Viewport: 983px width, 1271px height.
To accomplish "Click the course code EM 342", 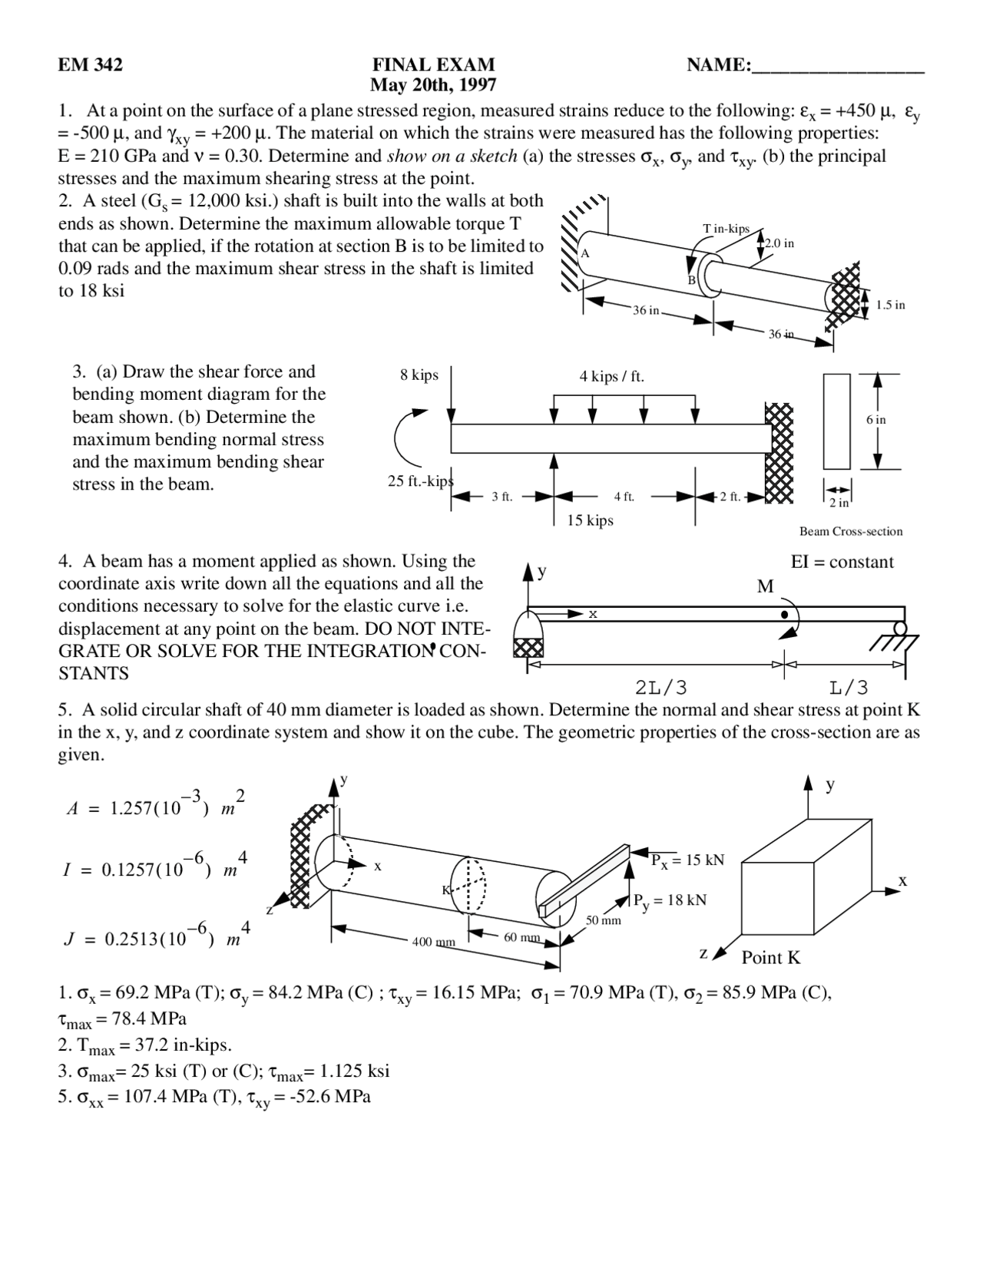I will pyautogui.click(x=90, y=64).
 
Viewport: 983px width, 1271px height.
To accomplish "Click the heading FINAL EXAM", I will pyautogui.click(x=433, y=64).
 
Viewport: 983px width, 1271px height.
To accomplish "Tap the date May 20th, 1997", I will pyautogui.click(x=433, y=84).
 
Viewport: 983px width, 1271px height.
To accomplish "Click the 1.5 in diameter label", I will pyautogui.click(x=890, y=305).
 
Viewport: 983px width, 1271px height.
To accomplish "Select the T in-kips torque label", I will pyautogui.click(x=726, y=229).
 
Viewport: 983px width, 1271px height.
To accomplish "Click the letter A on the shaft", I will pyautogui.click(x=584, y=253).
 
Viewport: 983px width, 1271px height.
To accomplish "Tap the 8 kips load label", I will pyautogui.click(x=419, y=375).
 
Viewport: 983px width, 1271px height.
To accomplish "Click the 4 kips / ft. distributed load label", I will pyautogui.click(x=611, y=376).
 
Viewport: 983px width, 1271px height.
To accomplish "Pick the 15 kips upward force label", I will pyautogui.click(x=590, y=520).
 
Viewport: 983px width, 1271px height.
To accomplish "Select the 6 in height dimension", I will pyautogui.click(x=875, y=420).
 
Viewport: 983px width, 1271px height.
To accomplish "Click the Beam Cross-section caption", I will pyautogui.click(x=851, y=531).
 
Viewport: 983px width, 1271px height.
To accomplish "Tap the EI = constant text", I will pyautogui.click(x=842, y=562).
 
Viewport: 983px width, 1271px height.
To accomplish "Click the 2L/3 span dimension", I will pyautogui.click(x=662, y=687).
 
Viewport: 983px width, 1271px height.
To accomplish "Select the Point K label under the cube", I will pyautogui.click(x=770, y=957).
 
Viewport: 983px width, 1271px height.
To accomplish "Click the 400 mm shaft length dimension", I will pyautogui.click(x=434, y=942).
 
